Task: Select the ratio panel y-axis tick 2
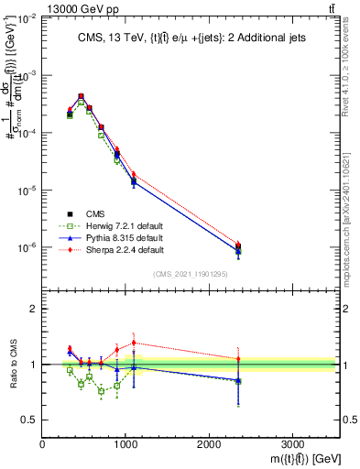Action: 33,309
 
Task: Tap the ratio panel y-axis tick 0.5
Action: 29,420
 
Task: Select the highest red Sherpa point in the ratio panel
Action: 134,343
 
